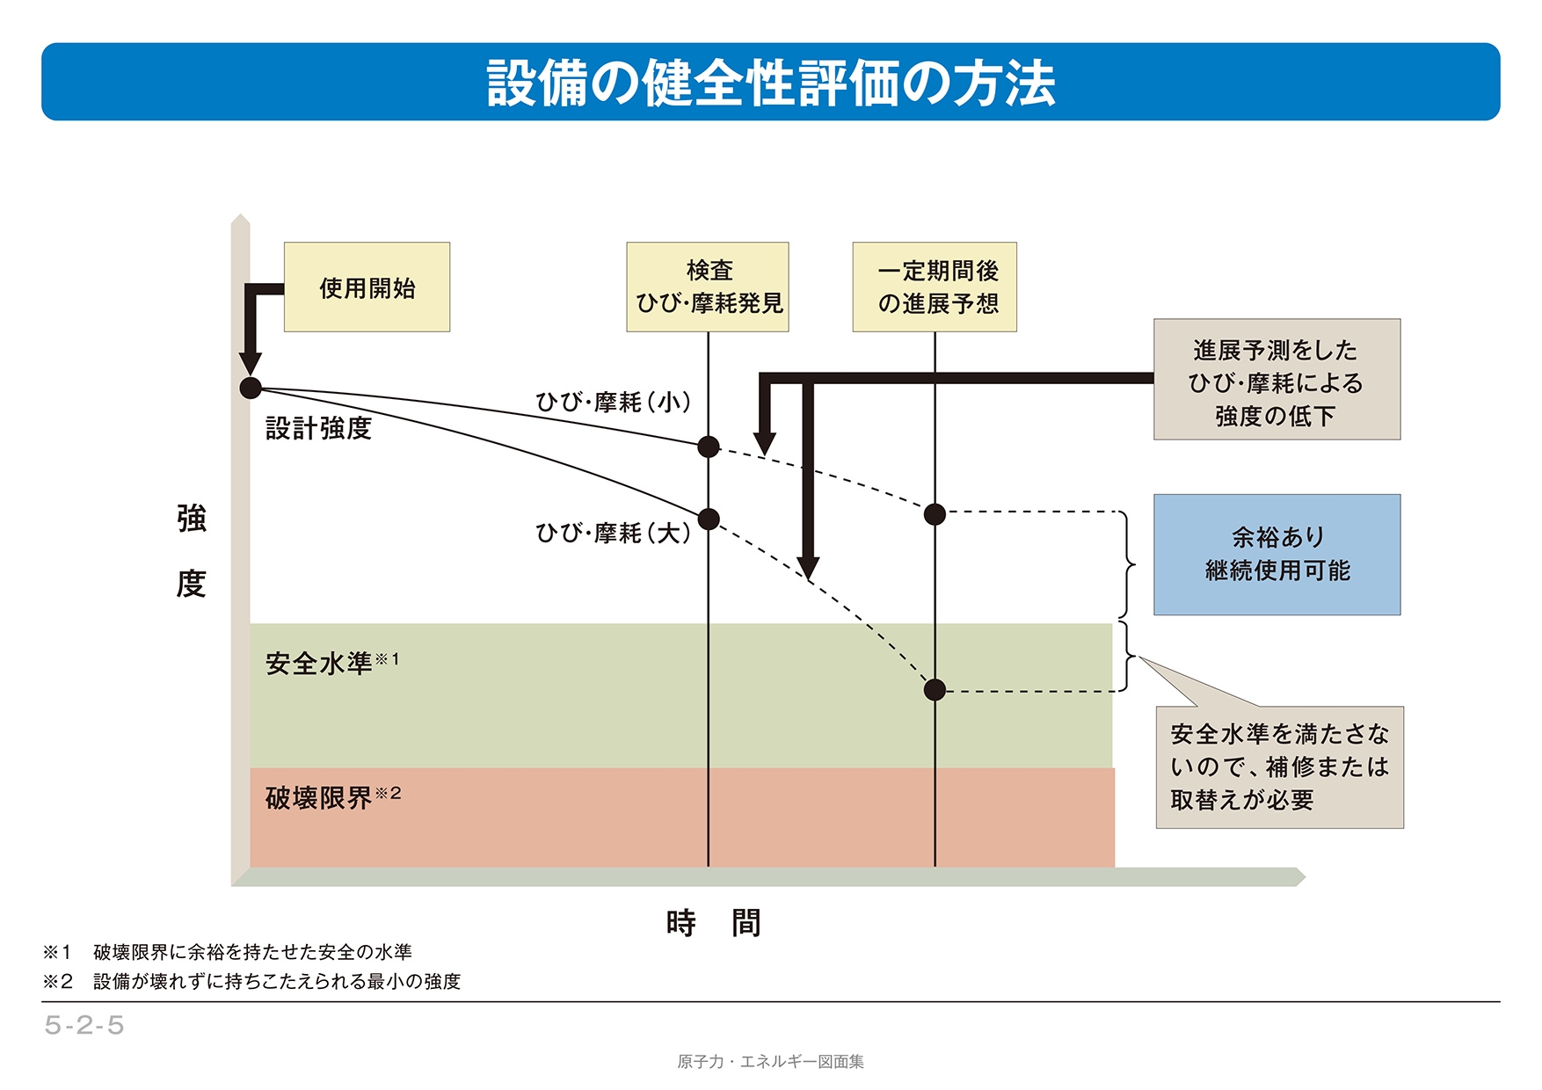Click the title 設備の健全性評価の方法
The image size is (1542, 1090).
pyautogui.click(x=770, y=83)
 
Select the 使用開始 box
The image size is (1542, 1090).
pyautogui.click(x=367, y=287)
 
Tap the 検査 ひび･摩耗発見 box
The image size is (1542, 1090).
pyautogui.click(x=708, y=287)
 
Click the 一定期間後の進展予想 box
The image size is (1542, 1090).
pyautogui.click(x=935, y=287)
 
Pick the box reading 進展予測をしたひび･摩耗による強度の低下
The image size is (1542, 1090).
pyautogui.click(x=1277, y=380)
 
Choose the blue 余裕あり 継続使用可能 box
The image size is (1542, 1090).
pyautogui.click(x=1277, y=554)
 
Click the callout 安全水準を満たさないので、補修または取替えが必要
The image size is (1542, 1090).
pyautogui.click(x=1279, y=767)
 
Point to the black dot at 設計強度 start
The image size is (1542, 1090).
pyautogui.click(x=251, y=388)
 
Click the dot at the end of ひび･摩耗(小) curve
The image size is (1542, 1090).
pyautogui.click(x=709, y=447)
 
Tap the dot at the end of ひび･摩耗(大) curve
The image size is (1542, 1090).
pyautogui.click(x=709, y=519)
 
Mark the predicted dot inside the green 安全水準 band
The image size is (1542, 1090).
pyautogui.click(x=935, y=690)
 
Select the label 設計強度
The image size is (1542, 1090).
pyautogui.click(x=318, y=429)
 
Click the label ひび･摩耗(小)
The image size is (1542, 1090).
pyautogui.click(x=613, y=403)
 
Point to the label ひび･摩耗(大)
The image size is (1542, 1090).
pyautogui.click(x=613, y=533)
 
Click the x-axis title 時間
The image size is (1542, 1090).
pyautogui.click(x=713, y=923)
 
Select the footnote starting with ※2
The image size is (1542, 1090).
pyautogui.click(x=251, y=981)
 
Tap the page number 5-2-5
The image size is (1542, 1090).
pyautogui.click(x=84, y=1025)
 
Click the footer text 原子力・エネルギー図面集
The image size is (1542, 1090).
pyautogui.click(x=770, y=1062)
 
